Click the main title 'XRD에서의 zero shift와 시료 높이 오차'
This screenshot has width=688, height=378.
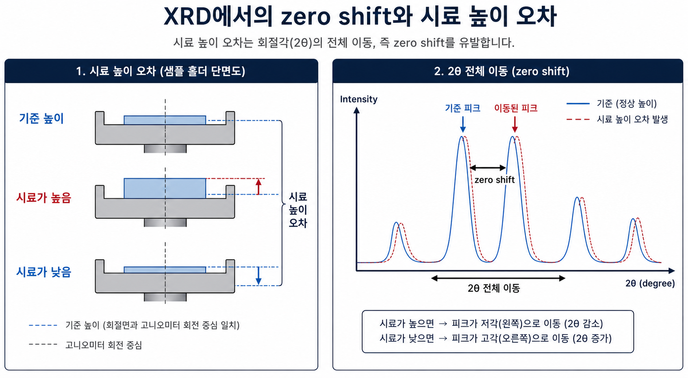[360, 16]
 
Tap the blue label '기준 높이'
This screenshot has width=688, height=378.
[41, 118]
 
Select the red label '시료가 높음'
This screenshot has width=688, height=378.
[43, 197]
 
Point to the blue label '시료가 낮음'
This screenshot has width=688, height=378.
[43, 272]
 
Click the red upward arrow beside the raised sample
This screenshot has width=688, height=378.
[258, 187]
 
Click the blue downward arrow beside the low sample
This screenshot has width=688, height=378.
[258, 275]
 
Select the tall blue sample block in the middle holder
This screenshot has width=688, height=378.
[165, 188]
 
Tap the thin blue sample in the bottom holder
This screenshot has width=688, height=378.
[165, 270]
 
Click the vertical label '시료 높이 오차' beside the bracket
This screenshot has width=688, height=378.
[297, 210]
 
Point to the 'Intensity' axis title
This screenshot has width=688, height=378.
[359, 99]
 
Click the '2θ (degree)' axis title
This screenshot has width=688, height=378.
[650, 283]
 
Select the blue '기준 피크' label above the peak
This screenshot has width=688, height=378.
[462, 108]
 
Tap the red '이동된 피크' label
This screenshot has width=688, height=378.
[516, 108]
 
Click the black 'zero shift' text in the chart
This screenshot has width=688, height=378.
[495, 179]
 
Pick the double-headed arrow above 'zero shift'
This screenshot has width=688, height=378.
[488, 168]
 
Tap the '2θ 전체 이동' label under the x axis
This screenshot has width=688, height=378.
[494, 288]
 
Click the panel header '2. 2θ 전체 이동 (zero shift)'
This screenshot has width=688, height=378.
[502, 71]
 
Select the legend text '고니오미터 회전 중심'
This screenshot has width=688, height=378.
[104, 345]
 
